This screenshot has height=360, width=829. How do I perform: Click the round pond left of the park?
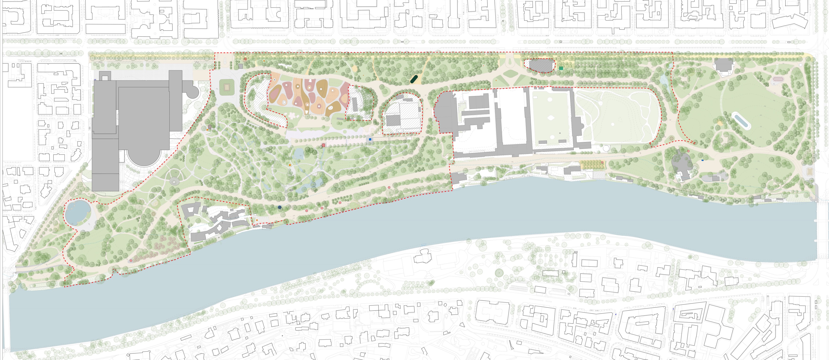(x=77, y=212)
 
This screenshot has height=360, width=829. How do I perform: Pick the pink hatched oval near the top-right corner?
(x=778, y=79)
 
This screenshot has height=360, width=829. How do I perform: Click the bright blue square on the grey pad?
(x=370, y=139)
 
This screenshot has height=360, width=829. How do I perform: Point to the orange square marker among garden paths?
(x=290, y=165)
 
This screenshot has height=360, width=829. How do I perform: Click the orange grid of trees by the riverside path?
(x=593, y=165)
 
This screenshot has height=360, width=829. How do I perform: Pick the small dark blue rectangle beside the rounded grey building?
(x=703, y=160)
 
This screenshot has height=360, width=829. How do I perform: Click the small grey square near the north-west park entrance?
(x=240, y=66)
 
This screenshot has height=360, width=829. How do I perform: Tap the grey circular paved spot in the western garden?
(x=174, y=182)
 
